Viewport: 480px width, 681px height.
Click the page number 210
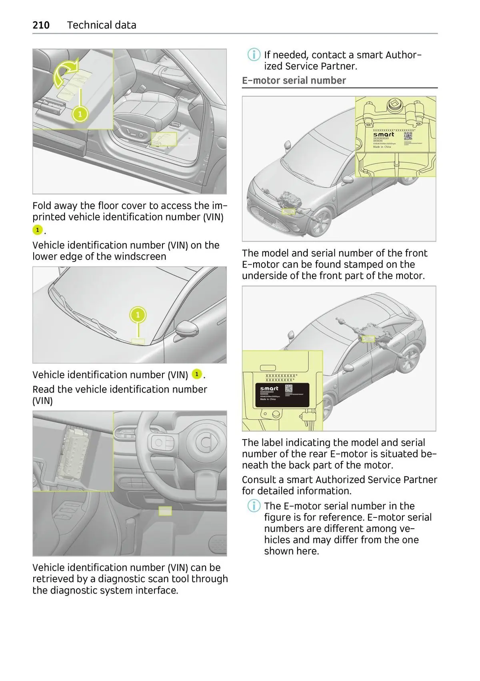click(41, 25)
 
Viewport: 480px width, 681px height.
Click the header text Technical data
click(102, 25)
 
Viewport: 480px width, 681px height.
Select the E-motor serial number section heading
click(294, 80)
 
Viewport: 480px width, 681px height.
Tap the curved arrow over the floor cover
click(65, 71)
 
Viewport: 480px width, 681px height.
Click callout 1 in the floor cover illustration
click(80, 114)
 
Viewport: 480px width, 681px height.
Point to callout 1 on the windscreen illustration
click(138, 315)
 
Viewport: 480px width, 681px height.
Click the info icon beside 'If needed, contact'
click(254, 55)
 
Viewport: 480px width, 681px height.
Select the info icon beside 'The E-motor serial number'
click(254, 506)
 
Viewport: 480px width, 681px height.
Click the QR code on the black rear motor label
click(288, 388)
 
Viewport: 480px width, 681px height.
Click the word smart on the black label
click(269, 388)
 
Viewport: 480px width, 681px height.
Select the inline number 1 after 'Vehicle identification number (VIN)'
click(197, 375)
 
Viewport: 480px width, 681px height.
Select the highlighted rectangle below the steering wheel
click(165, 511)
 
